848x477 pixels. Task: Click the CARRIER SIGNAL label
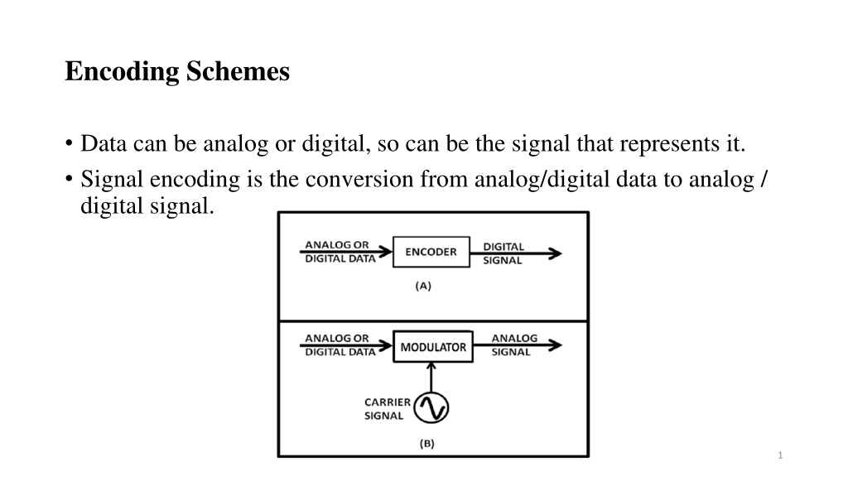click(x=388, y=409)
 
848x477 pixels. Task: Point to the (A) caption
click(x=423, y=286)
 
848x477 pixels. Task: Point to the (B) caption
click(x=426, y=444)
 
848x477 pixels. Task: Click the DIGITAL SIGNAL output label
click(x=503, y=253)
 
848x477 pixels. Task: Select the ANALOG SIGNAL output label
click(x=513, y=345)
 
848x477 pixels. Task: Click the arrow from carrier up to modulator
click(x=431, y=377)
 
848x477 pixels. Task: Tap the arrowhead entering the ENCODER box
click(x=386, y=252)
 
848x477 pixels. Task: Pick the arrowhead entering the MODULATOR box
click(x=386, y=345)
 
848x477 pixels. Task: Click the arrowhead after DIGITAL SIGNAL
click(x=556, y=253)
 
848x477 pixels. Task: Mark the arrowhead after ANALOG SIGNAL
click(x=556, y=345)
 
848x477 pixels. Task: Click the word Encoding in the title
click(x=122, y=72)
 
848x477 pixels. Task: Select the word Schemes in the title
click(x=238, y=71)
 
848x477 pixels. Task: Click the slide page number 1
click(x=780, y=455)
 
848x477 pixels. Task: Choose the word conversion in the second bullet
click(x=359, y=179)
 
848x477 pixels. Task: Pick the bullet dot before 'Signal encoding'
click(x=69, y=179)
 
